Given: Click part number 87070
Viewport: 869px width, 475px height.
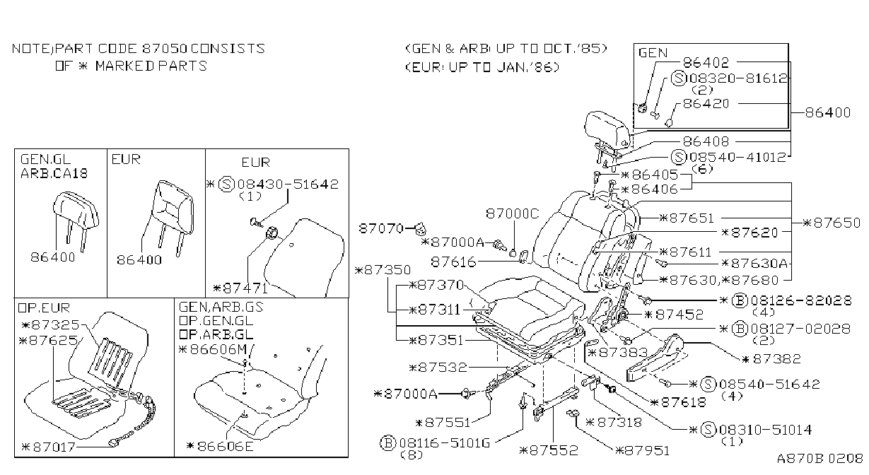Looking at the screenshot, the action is (x=381, y=228).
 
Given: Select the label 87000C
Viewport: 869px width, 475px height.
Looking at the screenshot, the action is (x=513, y=213).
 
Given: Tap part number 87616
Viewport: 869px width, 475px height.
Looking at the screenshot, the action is (x=453, y=262).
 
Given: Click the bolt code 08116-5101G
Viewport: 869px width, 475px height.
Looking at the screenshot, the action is (x=445, y=442).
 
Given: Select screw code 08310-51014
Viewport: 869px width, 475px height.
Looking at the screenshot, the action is (x=766, y=430).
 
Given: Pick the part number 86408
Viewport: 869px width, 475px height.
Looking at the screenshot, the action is (x=706, y=141).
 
